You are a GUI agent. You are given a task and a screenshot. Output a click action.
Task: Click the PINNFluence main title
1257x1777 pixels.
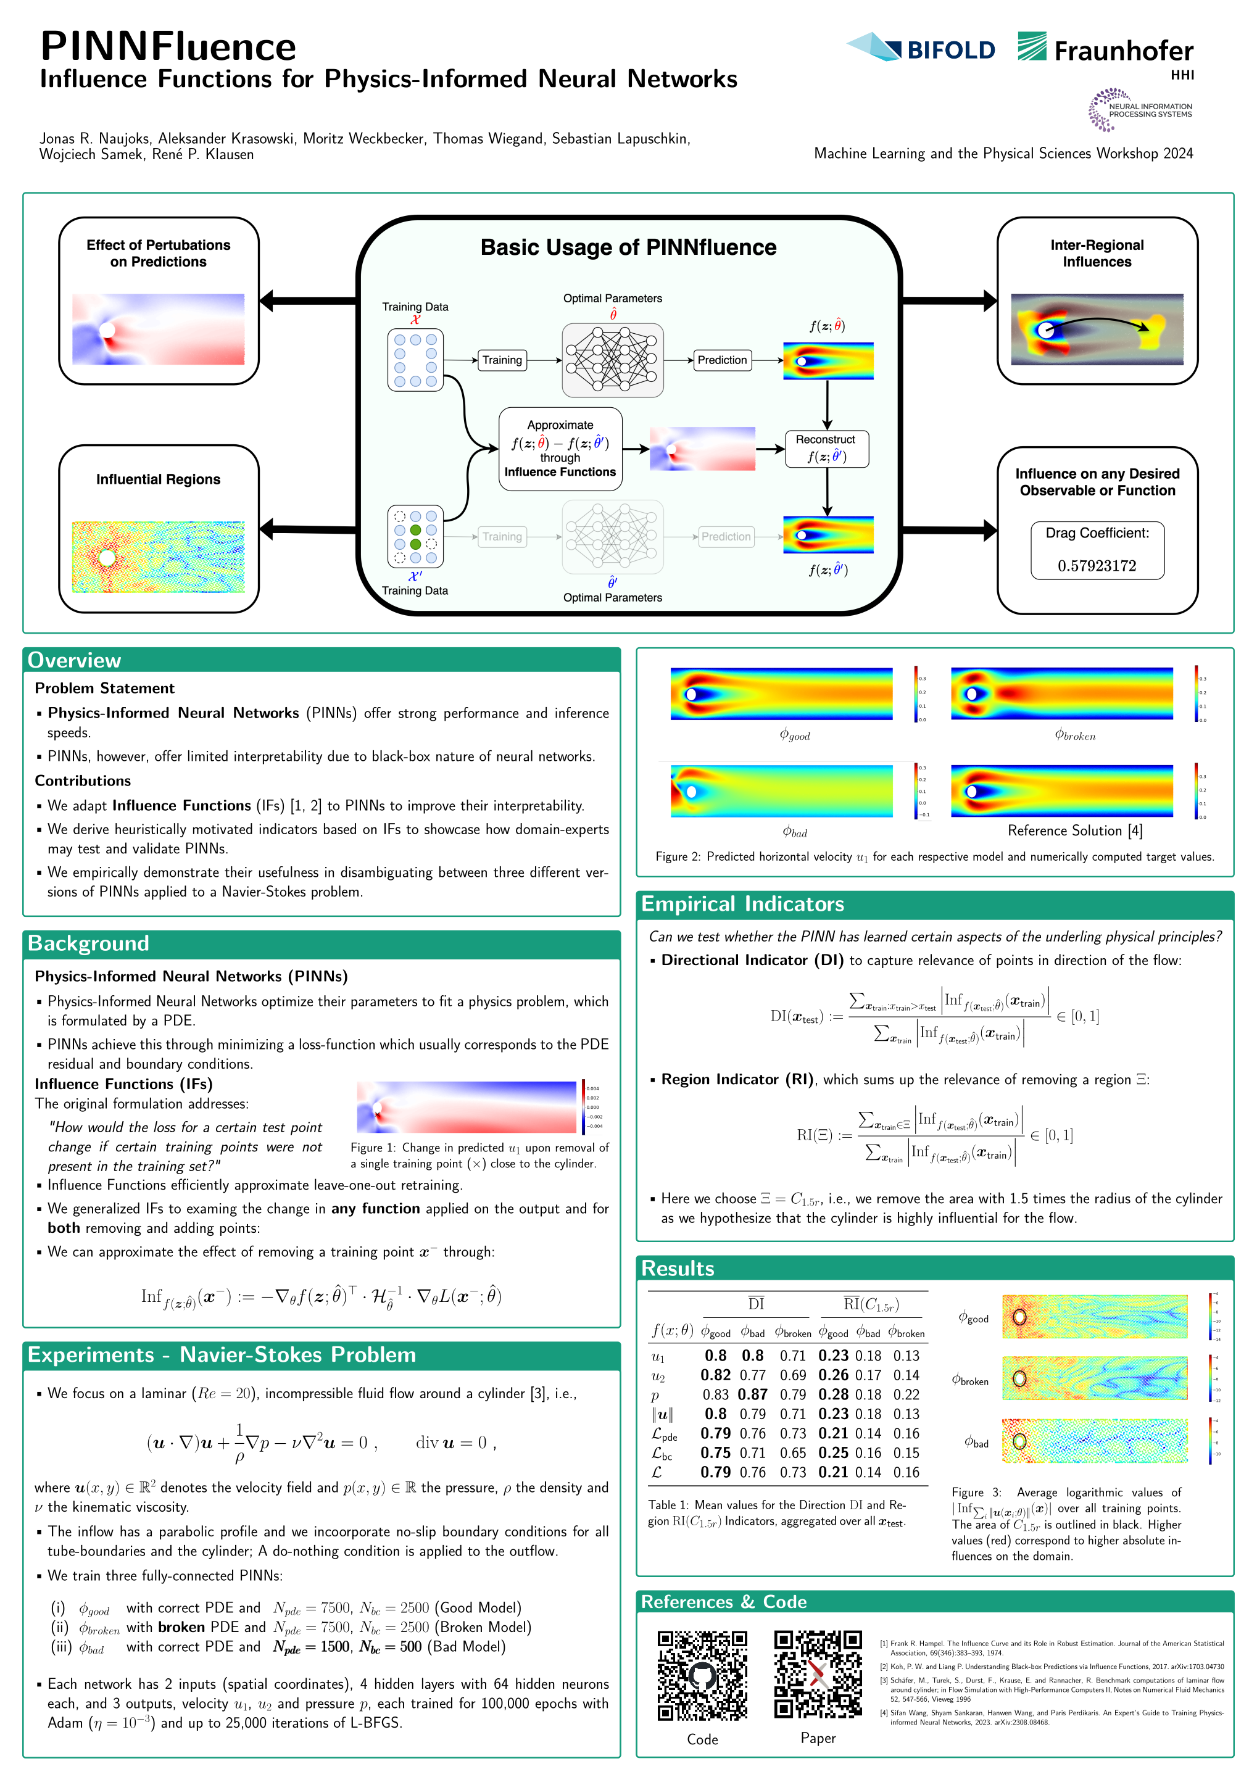click(168, 46)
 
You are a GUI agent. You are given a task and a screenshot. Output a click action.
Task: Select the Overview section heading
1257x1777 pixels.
click(74, 660)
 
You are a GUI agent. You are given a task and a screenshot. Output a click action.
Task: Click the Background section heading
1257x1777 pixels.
click(88, 943)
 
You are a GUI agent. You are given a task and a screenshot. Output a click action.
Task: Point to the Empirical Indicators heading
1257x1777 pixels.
click(742, 903)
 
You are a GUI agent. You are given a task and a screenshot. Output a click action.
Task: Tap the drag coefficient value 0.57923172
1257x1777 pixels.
click(1097, 566)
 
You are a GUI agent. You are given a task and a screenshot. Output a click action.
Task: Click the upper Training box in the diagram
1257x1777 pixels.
click(502, 360)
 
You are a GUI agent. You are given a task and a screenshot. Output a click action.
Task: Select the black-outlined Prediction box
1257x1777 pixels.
click(721, 360)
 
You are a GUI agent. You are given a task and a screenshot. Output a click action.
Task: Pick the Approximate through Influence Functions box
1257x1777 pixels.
click(560, 449)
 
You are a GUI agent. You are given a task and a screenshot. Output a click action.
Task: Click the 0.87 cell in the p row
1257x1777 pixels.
click(752, 1394)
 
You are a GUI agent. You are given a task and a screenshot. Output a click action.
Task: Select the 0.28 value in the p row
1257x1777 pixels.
click(833, 1394)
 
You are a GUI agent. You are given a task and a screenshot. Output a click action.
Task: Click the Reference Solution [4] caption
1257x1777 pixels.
click(1074, 831)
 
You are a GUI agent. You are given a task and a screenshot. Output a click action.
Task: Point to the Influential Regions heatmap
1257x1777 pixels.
click(158, 557)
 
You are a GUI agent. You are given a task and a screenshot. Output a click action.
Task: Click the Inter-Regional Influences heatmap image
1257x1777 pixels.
click(1097, 329)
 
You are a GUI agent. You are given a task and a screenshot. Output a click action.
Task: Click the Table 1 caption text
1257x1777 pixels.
click(776, 1512)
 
